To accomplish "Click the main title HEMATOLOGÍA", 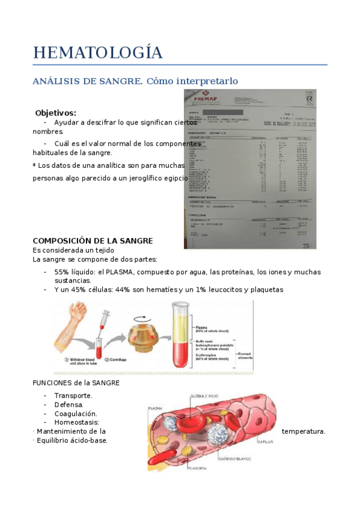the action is (x=97, y=52).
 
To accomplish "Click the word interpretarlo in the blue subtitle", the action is (x=205, y=81).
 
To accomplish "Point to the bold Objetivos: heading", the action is (x=55, y=112).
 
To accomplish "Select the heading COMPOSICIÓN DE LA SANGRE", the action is (x=93, y=241).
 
